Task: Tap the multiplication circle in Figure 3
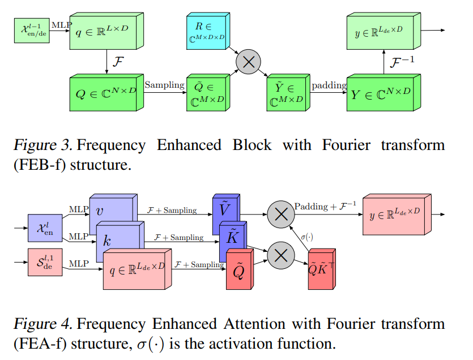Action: coord(248,62)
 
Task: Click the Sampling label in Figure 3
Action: coord(164,85)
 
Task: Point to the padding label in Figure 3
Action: coord(329,85)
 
